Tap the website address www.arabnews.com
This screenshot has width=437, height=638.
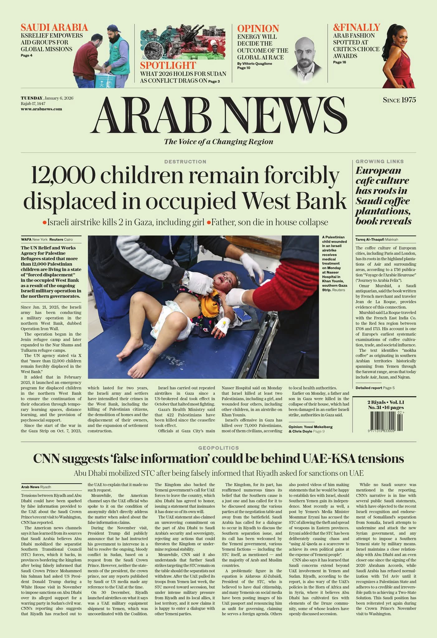[x=41, y=109]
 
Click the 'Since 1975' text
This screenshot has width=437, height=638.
[x=399, y=100]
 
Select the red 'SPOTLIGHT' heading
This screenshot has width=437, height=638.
[x=168, y=65]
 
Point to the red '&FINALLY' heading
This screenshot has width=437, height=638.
[x=356, y=27]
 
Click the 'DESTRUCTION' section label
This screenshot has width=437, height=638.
[x=185, y=162]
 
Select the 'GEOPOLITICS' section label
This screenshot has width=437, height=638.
[x=218, y=448]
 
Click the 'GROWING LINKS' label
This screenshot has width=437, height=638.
[x=379, y=161]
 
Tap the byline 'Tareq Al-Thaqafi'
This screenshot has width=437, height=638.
[x=370, y=240]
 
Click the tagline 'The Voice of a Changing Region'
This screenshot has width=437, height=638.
[x=218, y=142]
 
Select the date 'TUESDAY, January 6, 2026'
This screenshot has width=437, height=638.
[x=47, y=98]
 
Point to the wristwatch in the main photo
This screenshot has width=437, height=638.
[x=186, y=278]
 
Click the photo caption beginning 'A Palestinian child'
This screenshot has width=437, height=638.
[x=334, y=263]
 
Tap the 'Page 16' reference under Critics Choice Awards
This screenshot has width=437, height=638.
[x=339, y=62]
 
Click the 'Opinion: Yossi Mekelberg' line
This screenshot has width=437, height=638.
[x=310, y=427]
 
